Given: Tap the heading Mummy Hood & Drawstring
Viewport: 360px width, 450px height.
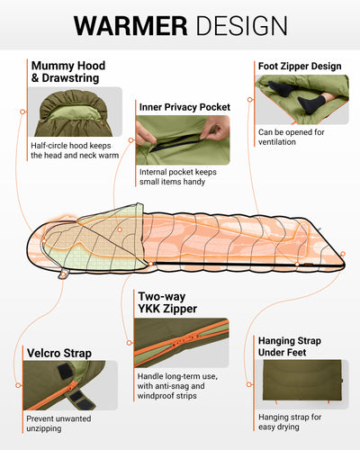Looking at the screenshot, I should [x=68, y=72].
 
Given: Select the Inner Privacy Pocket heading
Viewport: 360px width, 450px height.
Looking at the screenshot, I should [x=184, y=107].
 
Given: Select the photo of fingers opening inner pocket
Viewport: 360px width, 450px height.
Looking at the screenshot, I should [x=184, y=139].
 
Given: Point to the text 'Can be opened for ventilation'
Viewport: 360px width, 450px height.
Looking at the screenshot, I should [x=291, y=138].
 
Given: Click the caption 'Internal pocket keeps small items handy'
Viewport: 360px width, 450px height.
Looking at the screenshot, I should [x=184, y=177].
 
